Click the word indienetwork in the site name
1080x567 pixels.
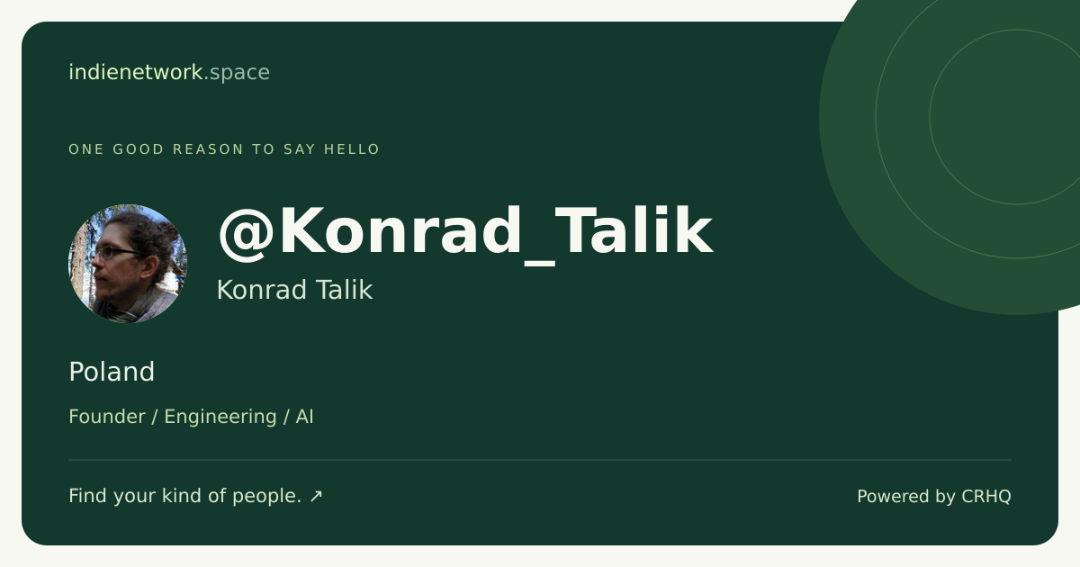coord(136,72)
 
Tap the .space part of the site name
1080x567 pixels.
coord(237,73)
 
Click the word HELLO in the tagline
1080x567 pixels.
coord(352,149)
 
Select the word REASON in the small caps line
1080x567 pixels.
coord(208,149)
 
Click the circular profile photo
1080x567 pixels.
coord(128,263)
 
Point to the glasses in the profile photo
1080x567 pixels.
coord(119,252)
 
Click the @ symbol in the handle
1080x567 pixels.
coord(247,233)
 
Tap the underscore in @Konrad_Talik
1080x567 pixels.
coord(539,263)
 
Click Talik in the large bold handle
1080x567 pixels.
coord(635,230)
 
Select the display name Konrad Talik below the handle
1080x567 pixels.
coord(294,290)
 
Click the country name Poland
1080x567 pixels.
coord(112,373)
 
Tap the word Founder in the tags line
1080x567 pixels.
coord(107,417)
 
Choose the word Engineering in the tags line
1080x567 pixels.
coord(220,418)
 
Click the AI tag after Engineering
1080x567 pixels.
coord(305,417)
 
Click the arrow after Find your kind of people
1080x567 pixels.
coord(316,496)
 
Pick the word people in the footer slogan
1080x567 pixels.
coord(266,497)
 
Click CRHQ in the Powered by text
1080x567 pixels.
coord(986,497)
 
